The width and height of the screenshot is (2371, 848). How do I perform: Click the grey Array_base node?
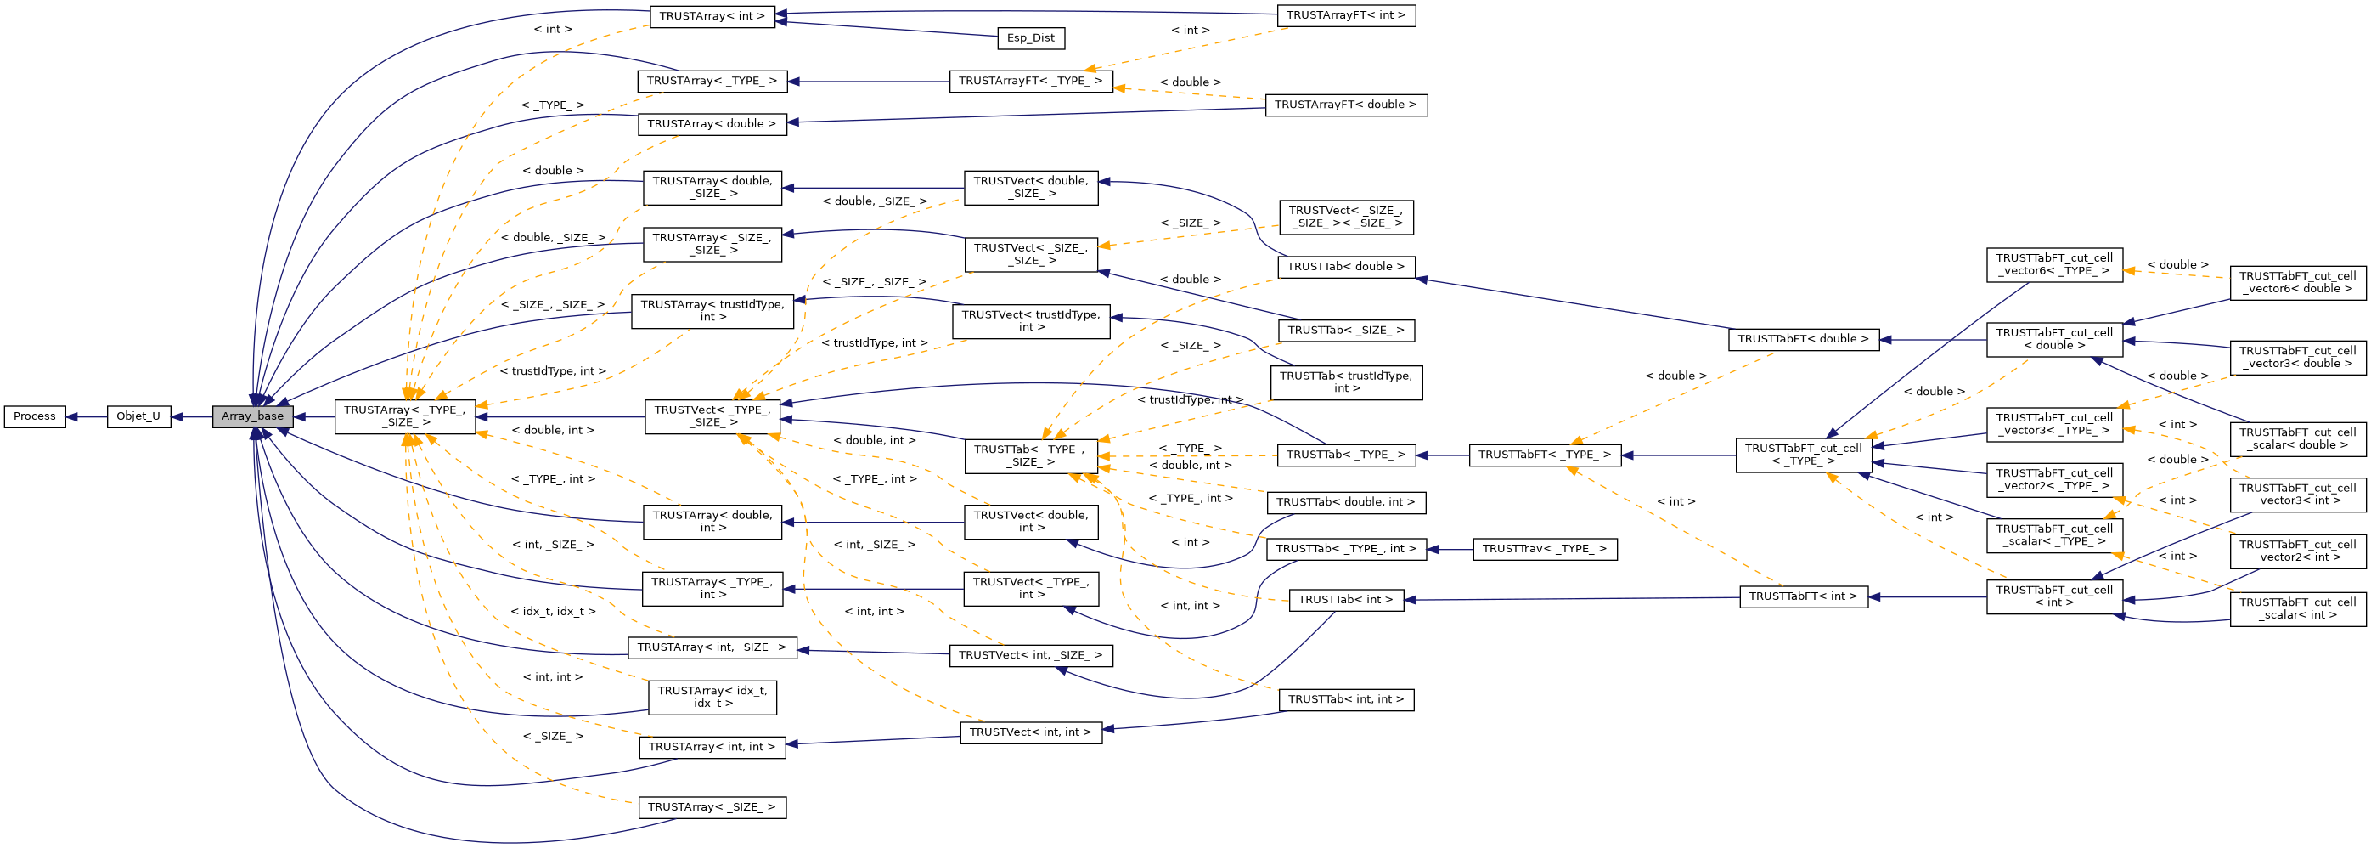point(252,417)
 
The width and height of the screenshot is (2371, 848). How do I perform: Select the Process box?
point(35,417)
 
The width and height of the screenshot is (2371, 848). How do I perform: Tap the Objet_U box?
point(138,417)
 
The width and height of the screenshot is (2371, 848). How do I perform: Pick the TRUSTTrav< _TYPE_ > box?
point(1544,550)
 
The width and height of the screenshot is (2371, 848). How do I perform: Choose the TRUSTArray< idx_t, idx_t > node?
point(712,698)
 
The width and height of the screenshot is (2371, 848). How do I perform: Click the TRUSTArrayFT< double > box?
point(1345,105)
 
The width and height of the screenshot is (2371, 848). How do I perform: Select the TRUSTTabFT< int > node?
point(1802,596)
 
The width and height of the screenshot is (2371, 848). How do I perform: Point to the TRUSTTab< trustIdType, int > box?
point(1345,382)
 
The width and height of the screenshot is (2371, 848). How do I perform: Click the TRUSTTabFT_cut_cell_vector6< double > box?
point(2296,283)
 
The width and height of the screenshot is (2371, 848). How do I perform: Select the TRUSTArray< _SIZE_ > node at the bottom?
point(712,808)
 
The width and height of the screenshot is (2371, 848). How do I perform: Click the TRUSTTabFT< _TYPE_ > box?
point(1544,455)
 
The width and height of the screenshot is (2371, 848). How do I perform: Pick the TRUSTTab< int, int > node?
point(1345,700)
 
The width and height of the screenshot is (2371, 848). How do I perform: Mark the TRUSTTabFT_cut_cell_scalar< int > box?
point(2296,609)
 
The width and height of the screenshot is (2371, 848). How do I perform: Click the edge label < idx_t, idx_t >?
point(552,612)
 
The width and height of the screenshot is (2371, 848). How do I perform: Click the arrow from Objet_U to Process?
point(87,417)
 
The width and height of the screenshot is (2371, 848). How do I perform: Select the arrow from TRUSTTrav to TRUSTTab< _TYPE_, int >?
point(1450,550)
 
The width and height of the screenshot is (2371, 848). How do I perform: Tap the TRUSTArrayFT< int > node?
point(1345,15)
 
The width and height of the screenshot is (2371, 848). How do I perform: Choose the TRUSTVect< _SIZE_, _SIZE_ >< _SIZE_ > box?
point(1345,218)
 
